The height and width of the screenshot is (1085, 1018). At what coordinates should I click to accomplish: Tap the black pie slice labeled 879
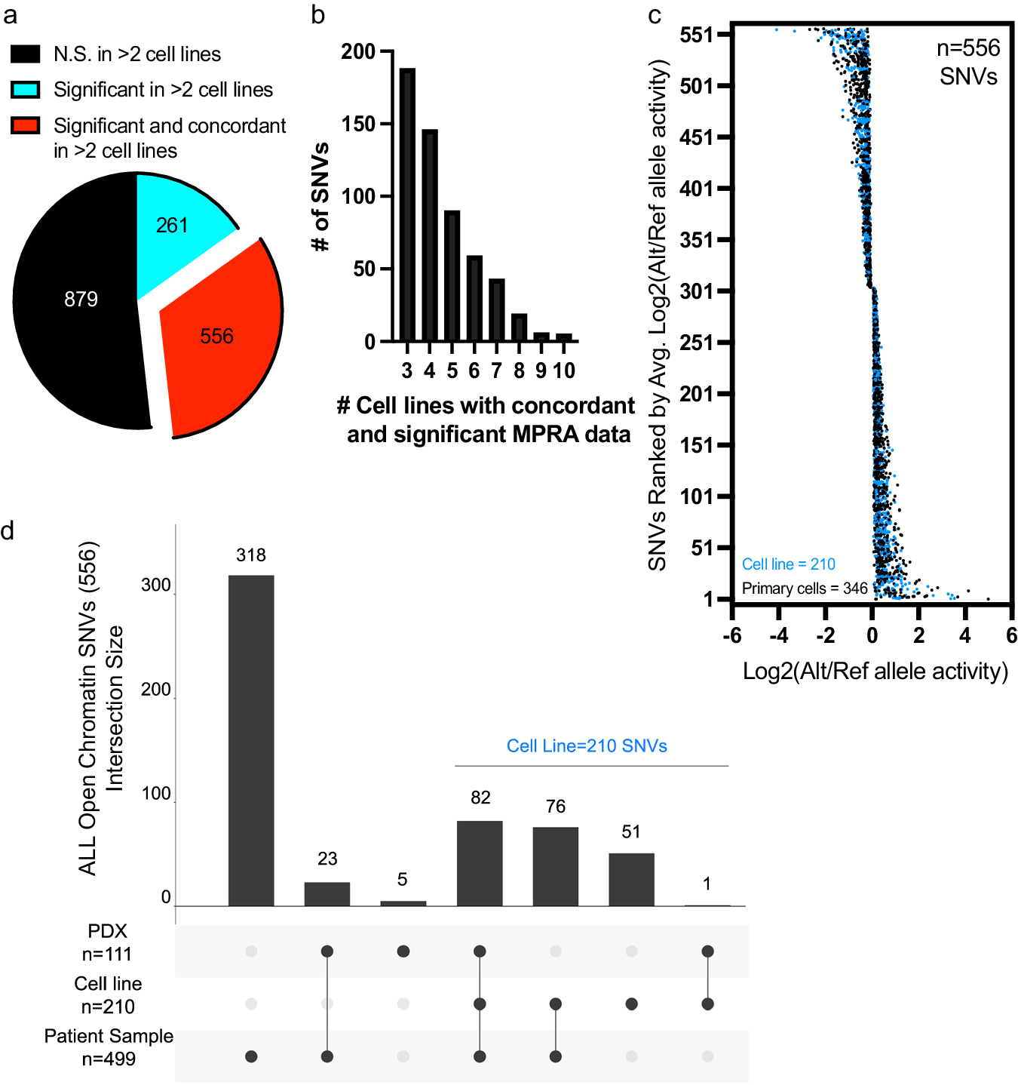coord(79,302)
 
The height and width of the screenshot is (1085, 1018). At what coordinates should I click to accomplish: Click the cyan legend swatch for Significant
coord(25,90)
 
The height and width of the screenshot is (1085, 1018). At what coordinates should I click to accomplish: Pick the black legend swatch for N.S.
coord(25,54)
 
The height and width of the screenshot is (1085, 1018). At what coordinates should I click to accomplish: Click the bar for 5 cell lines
coord(452,276)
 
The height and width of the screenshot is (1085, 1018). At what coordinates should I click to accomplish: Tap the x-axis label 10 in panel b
coord(563,370)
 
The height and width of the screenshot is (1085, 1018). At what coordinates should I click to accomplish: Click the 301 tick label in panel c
coord(696,291)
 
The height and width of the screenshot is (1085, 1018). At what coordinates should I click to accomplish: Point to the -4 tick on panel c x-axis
coord(778,635)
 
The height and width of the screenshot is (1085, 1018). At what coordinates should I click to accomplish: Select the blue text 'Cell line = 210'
coord(788,564)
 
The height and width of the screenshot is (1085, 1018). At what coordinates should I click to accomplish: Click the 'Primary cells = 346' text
coord(805,589)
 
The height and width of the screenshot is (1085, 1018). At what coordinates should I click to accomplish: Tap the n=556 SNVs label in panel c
coord(968,62)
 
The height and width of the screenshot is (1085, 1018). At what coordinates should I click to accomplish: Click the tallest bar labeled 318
coord(251,739)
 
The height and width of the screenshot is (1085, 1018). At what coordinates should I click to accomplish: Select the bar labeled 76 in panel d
coord(555,866)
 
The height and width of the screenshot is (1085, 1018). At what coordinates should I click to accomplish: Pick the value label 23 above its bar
coord(327,859)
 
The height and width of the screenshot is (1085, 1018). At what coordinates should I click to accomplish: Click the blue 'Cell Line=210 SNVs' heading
coord(587,746)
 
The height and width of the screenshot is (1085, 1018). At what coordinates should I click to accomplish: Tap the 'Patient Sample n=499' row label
coord(109,1047)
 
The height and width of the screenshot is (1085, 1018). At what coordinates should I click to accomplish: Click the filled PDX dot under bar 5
coord(403,951)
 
